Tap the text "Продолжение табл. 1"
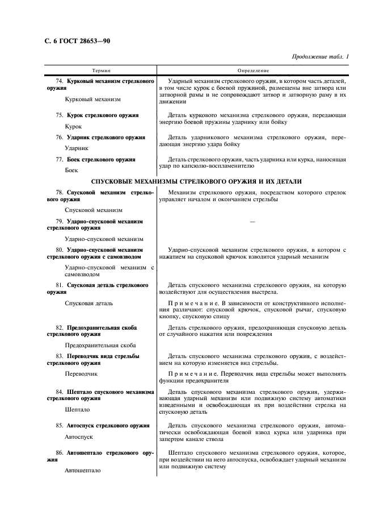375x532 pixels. click(320, 57)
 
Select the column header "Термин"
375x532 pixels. click(101, 70)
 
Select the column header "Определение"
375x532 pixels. click(252, 70)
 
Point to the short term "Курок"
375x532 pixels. click(74, 126)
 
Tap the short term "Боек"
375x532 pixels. click(71, 170)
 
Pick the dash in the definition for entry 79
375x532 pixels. click(252, 221)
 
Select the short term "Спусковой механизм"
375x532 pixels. click(93, 210)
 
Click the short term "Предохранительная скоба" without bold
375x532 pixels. click(100, 345)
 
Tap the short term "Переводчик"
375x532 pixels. click(82, 374)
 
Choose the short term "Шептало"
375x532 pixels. click(77, 409)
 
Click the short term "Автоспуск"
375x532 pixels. click(79, 437)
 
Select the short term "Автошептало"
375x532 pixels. click(83, 471)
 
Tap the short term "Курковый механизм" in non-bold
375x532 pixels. click(93, 99)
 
